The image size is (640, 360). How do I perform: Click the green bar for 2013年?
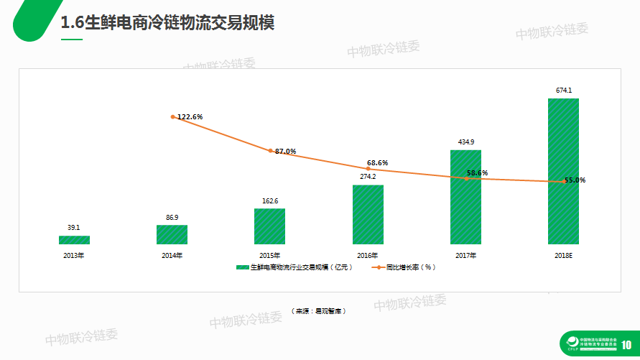tap(74, 240)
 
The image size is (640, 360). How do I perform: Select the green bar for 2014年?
tap(172, 235)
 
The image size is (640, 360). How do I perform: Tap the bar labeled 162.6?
tap(269, 226)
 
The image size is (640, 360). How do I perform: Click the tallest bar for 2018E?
tap(563, 171)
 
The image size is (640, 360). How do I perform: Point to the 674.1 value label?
tap(564, 91)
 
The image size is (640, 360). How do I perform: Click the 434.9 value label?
tap(465, 142)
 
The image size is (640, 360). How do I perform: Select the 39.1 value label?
tap(74, 228)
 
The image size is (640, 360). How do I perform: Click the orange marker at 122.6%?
tap(173, 116)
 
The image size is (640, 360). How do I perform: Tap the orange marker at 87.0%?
tap(271, 151)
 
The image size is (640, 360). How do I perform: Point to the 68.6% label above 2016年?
tap(377, 163)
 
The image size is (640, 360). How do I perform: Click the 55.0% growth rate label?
tap(575, 180)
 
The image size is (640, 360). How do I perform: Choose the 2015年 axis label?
tap(269, 255)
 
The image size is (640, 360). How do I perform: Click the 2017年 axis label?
tap(465, 255)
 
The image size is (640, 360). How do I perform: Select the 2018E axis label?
tap(563, 255)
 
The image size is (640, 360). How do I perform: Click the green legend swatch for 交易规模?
tap(243, 267)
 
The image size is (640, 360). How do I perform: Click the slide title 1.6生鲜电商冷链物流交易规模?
tap(167, 23)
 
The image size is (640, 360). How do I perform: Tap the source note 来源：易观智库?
tap(319, 311)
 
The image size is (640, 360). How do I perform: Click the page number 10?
tap(626, 345)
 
